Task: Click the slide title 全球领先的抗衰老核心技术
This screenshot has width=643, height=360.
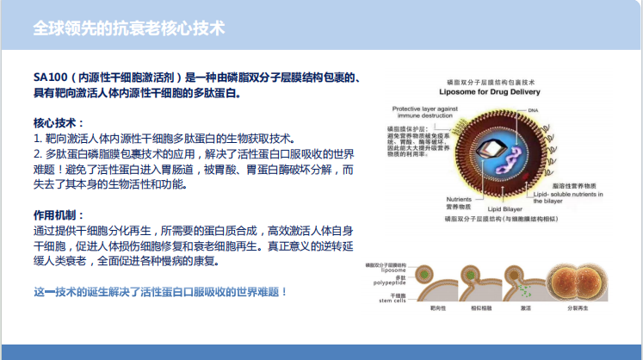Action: pos(129,28)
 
